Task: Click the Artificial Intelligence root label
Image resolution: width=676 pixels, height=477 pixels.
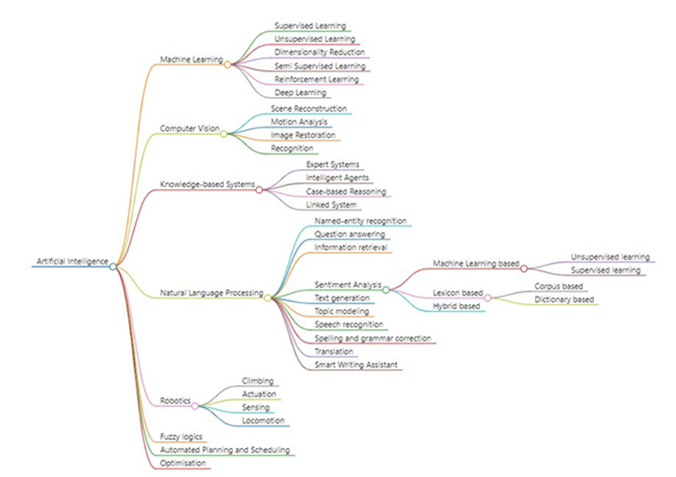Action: [x=71, y=262]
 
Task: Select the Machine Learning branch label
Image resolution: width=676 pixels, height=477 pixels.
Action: [x=190, y=59]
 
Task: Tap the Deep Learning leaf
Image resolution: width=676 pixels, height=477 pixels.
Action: [x=301, y=92]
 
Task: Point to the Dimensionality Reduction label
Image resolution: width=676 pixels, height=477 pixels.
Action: [x=319, y=51]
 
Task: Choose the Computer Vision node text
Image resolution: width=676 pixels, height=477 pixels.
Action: [x=188, y=128]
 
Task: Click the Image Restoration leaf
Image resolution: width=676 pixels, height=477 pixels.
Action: [x=302, y=136]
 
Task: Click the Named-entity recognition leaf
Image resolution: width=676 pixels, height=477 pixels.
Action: [x=360, y=221]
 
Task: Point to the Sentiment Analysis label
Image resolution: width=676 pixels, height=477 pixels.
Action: [x=347, y=285]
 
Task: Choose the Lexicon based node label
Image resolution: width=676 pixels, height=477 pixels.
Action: [x=458, y=293]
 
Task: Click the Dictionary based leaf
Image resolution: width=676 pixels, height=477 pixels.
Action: [x=563, y=299]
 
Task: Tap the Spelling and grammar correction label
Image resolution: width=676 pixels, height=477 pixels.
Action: [x=373, y=338]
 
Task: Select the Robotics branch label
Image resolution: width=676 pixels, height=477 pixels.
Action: [x=174, y=400]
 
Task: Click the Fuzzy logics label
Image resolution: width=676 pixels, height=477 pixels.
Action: [x=180, y=436]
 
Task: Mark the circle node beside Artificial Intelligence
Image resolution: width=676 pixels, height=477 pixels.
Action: [x=114, y=265]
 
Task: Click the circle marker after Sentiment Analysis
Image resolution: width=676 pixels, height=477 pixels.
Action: [x=385, y=289]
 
